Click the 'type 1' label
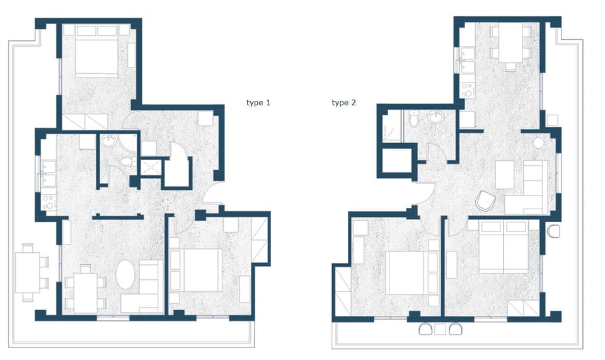(258, 102)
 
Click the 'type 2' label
(343, 102)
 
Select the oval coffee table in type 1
(126, 275)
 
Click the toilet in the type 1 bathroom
(127, 163)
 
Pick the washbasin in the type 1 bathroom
(108, 142)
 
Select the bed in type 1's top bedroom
(96, 54)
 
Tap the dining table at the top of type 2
(511, 43)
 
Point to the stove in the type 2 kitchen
(468, 90)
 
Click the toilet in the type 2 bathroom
(413, 118)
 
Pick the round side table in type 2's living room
(538, 143)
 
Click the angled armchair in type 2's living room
(484, 200)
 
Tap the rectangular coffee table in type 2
(505, 175)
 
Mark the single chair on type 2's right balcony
(554, 231)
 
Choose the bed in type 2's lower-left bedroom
(406, 272)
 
